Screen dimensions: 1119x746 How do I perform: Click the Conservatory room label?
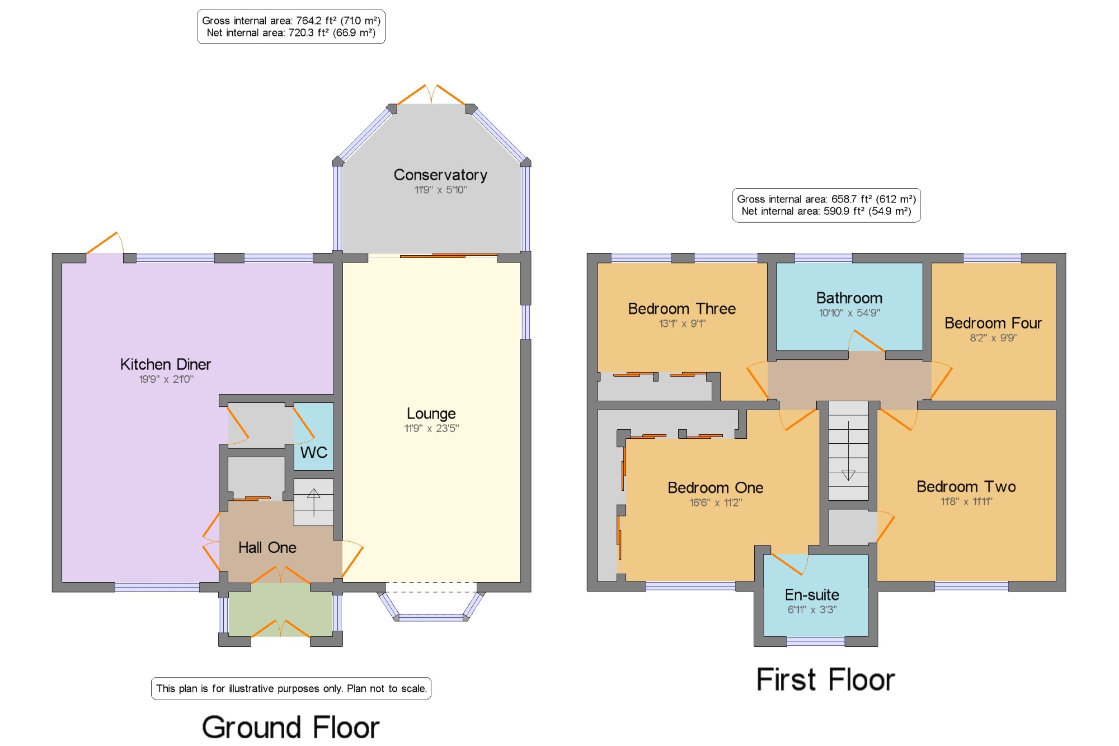point(440,175)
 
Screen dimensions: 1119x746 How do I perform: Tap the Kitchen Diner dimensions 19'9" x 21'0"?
point(166,379)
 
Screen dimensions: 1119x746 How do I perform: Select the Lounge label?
point(431,414)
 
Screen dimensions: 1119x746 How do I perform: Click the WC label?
point(314,452)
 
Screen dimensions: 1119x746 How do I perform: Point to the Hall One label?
point(267,547)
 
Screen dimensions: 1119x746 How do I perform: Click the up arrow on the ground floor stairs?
point(313,501)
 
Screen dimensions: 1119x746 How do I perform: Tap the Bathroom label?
point(849,298)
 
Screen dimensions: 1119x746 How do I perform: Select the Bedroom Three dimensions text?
point(682,323)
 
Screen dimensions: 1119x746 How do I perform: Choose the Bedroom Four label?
point(993,323)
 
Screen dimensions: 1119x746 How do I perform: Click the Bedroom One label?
point(716,487)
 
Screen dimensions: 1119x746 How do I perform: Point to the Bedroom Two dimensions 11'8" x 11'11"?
point(966,501)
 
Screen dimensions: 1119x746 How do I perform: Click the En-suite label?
point(812,594)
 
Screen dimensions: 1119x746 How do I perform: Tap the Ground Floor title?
point(290,728)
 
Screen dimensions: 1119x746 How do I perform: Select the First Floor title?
point(825,680)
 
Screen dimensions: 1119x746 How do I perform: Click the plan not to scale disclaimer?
point(291,688)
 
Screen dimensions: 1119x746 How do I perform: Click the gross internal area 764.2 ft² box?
point(291,26)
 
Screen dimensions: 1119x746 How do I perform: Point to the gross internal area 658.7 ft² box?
point(826,205)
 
